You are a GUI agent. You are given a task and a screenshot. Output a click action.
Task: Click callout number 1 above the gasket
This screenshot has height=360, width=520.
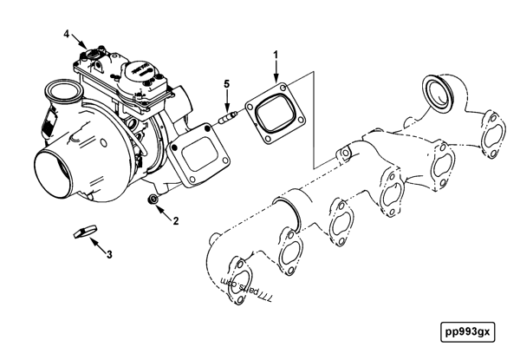coord(276,56)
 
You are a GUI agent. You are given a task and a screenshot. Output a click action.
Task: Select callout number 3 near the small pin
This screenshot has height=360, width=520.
coord(109,255)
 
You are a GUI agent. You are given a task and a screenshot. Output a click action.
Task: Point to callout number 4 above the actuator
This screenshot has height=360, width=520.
coord(66,34)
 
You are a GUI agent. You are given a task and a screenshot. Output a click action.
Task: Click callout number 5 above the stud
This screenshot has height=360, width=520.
coord(227,84)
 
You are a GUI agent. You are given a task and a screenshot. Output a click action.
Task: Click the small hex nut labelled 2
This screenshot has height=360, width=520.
coord(153,203)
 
